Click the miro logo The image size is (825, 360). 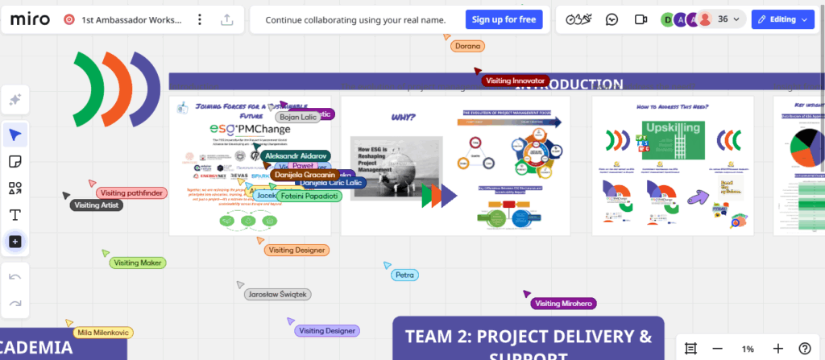(x=29, y=19)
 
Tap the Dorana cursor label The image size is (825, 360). (x=467, y=46)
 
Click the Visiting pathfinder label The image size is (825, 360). (x=132, y=192)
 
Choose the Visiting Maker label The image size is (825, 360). (x=138, y=263)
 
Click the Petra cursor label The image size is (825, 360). (x=404, y=275)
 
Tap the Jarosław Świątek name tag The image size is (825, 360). (x=277, y=295)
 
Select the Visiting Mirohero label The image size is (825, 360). (x=564, y=304)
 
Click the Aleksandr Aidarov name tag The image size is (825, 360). (x=295, y=155)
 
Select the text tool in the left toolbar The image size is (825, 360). (x=15, y=215)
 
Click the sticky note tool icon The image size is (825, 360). (x=15, y=161)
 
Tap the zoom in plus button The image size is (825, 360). (x=777, y=349)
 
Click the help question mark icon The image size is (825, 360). (x=804, y=349)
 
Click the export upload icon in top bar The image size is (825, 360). (x=226, y=20)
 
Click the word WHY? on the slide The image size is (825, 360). (x=403, y=118)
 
